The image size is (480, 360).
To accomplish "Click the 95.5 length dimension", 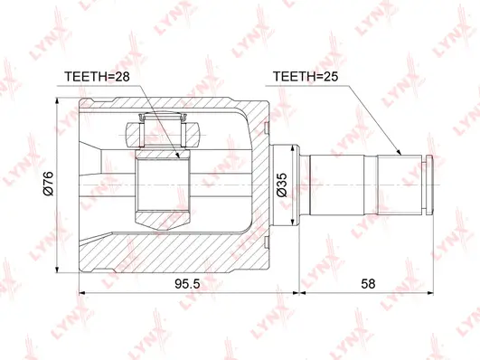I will [x=185, y=282].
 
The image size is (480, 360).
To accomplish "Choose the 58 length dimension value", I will [x=367, y=282].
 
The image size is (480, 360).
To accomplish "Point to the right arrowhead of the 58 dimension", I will [x=430, y=294].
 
